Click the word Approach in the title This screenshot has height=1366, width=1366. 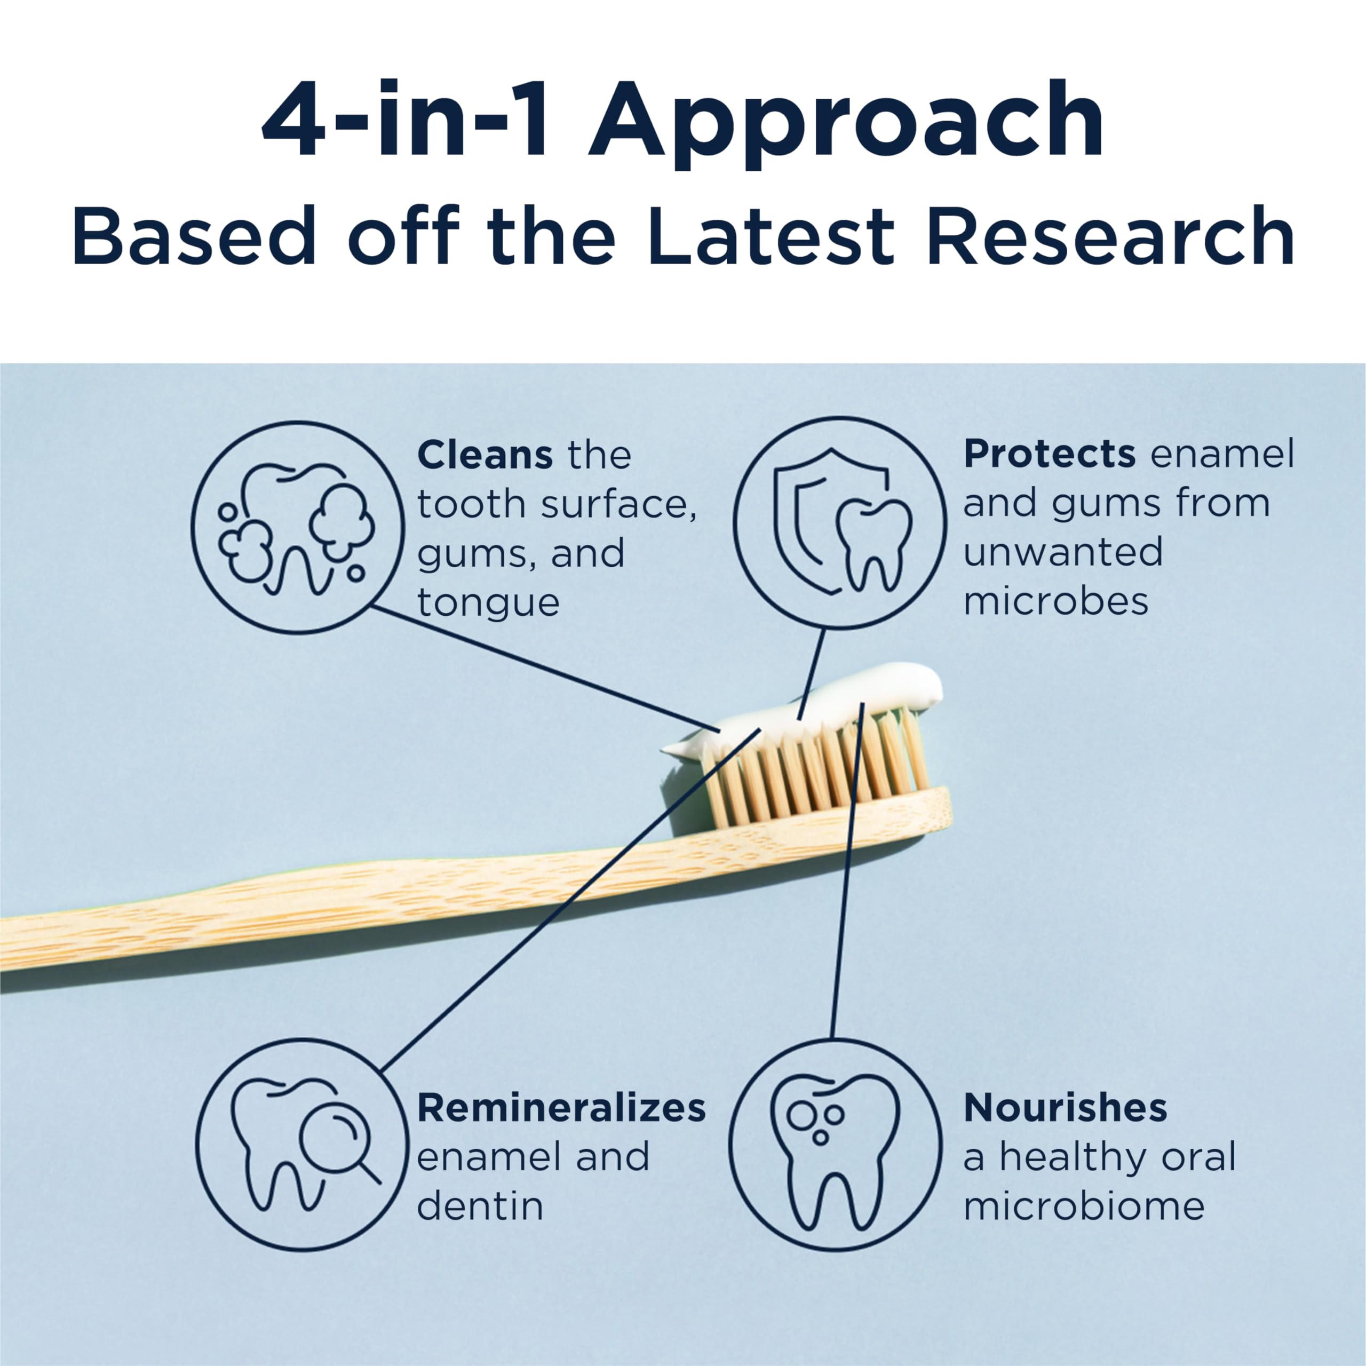[846, 120]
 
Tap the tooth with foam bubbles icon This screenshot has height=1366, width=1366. [298, 527]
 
